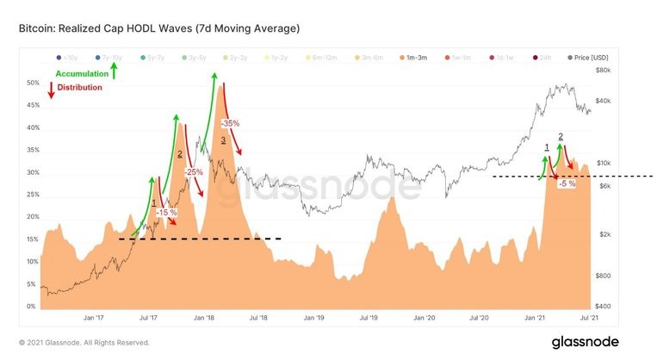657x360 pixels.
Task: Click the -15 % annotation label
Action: click(166, 212)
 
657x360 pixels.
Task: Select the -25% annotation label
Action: click(194, 172)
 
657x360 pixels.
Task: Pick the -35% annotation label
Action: click(230, 124)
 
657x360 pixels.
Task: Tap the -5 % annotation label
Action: click(567, 183)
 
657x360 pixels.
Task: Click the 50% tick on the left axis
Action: click(33, 84)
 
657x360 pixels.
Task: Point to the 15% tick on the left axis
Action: click(33, 239)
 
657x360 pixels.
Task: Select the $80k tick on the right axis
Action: click(603, 70)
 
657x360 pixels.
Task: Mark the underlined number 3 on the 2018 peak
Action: click(223, 140)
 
